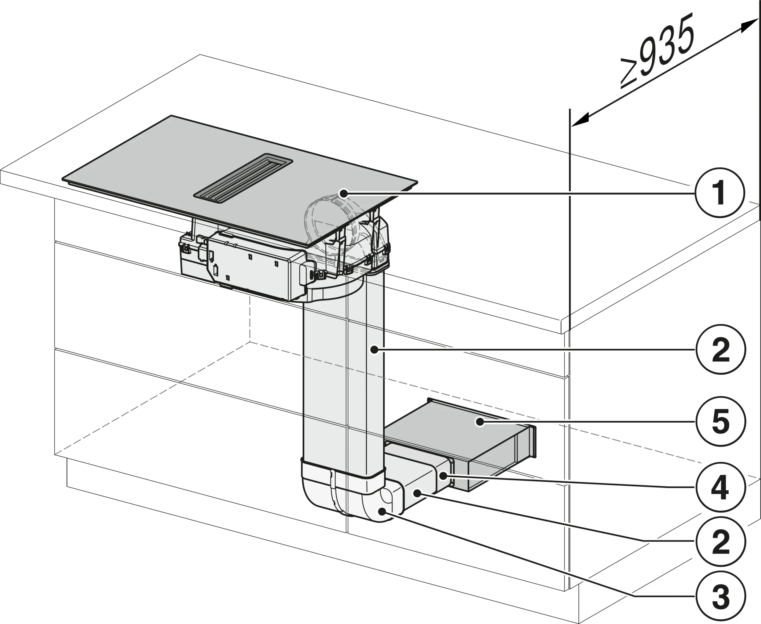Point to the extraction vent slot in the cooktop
pyautogui.click(x=243, y=176)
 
